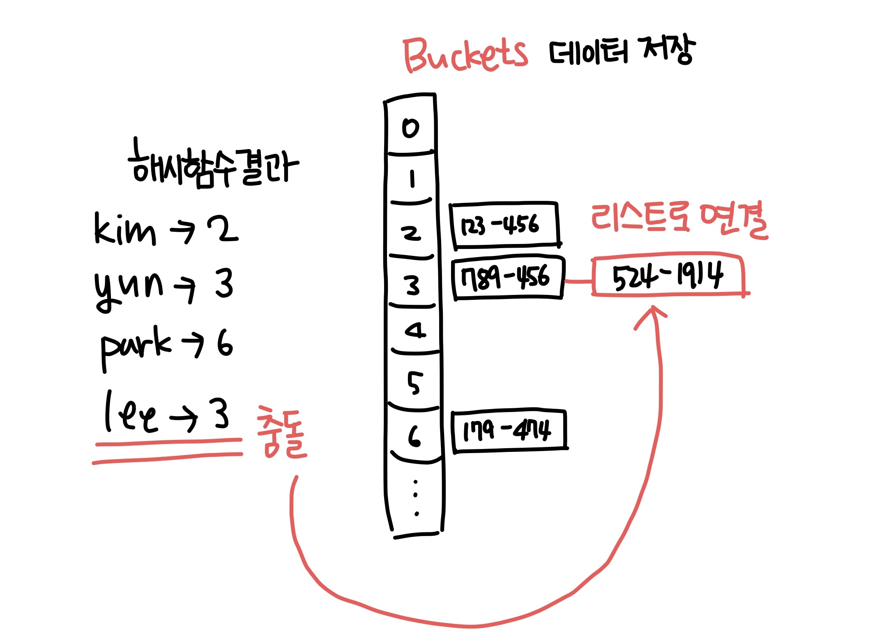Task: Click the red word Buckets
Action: coord(465,55)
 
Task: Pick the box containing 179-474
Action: coord(509,431)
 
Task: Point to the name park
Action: coord(136,348)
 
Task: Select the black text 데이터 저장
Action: coord(622,51)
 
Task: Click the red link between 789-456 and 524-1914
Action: coord(578,281)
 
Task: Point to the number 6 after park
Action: coord(225,343)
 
